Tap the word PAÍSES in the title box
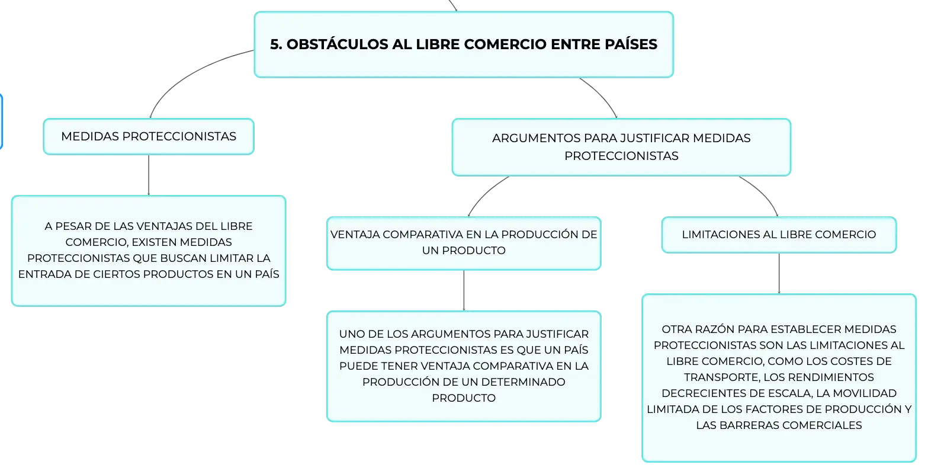(631, 44)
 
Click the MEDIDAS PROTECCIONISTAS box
(149, 136)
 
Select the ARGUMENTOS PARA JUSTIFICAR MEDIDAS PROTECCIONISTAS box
(621, 147)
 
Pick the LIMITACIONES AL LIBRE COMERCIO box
(779, 235)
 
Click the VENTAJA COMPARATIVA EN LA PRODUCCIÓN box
(464, 243)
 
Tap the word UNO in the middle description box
(351, 334)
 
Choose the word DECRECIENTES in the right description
(703, 393)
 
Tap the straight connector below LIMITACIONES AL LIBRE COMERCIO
(779, 274)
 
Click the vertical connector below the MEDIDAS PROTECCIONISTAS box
(149, 175)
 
